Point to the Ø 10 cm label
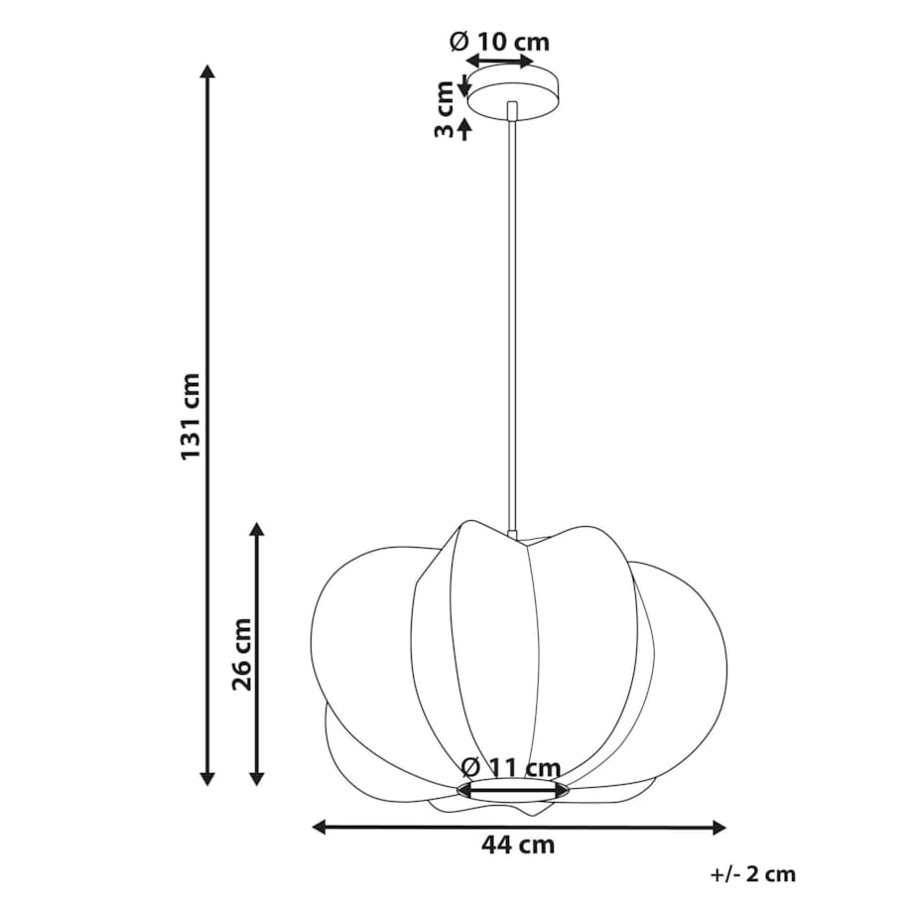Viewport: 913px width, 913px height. click(x=499, y=42)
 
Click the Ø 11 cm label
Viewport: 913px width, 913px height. click(x=511, y=767)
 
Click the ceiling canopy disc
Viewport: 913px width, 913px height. click(x=513, y=94)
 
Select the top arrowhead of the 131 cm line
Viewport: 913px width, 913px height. click(x=207, y=71)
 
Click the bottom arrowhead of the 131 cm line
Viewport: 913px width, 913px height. click(x=207, y=778)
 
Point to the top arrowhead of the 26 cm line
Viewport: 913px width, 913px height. click(x=258, y=530)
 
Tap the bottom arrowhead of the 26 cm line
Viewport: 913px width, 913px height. click(x=258, y=778)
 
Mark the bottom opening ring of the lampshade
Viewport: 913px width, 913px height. click(x=513, y=790)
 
